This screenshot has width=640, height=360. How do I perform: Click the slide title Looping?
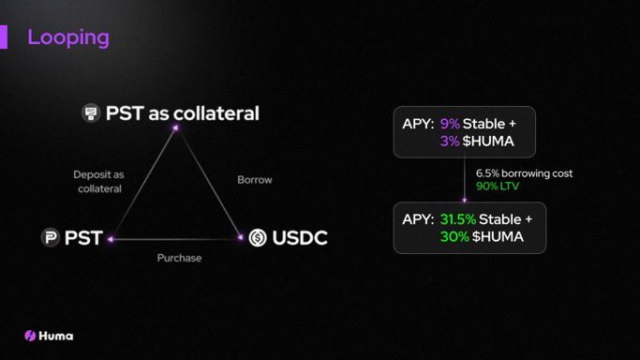67,37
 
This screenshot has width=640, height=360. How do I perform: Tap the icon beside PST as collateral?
91,113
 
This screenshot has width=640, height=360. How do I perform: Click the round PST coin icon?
49,238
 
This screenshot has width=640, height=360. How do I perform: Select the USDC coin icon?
258,238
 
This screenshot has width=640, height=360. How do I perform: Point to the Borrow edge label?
254,179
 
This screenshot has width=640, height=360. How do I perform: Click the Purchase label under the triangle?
179,257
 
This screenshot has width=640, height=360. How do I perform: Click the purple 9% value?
451,123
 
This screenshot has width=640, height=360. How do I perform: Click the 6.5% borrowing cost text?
523,173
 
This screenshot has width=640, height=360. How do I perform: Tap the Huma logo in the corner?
49,336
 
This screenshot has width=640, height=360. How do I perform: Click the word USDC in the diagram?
299,238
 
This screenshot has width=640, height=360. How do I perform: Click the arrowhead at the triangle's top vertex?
174,130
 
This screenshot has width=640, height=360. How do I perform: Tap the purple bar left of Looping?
4,37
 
